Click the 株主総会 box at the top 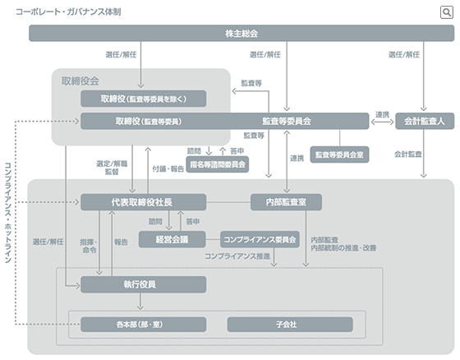tap(241, 34)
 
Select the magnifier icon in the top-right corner tap(446, 12)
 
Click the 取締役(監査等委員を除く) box tap(143, 99)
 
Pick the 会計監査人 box tap(424, 121)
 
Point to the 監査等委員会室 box tap(341, 154)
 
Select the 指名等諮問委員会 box tap(217, 164)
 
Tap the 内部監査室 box tap(285, 201)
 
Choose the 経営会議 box tap(172, 240)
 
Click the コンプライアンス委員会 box tap(260, 240)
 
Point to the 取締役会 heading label tap(80, 81)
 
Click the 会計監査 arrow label tap(408, 154)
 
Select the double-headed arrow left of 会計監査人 tap(382, 122)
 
